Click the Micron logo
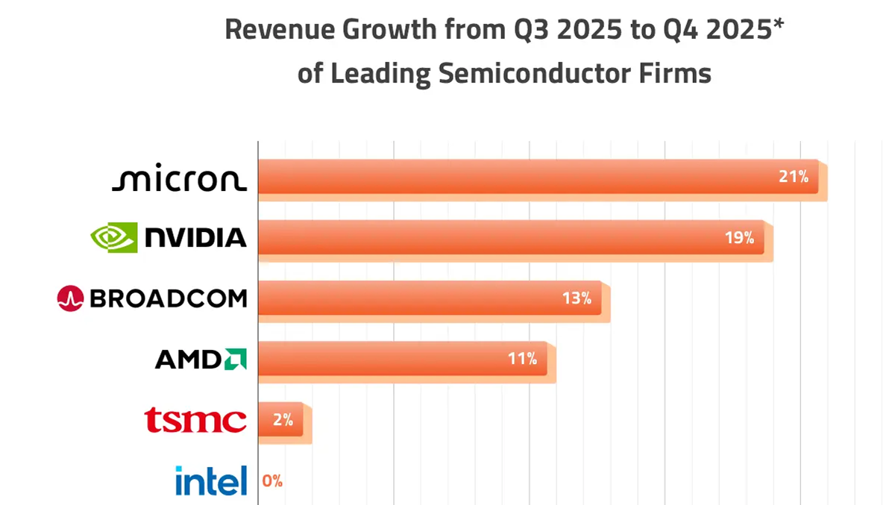click(179, 179)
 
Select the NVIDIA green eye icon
click(114, 237)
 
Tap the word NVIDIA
click(195, 238)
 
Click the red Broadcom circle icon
click(70, 298)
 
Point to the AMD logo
click(201, 359)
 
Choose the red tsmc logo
click(195, 420)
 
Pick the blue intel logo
click(211, 480)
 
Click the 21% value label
click(794, 177)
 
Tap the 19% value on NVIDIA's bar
click(739, 238)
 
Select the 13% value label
click(577, 298)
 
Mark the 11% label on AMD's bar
click(522, 359)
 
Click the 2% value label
click(283, 420)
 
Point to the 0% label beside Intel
click(272, 481)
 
